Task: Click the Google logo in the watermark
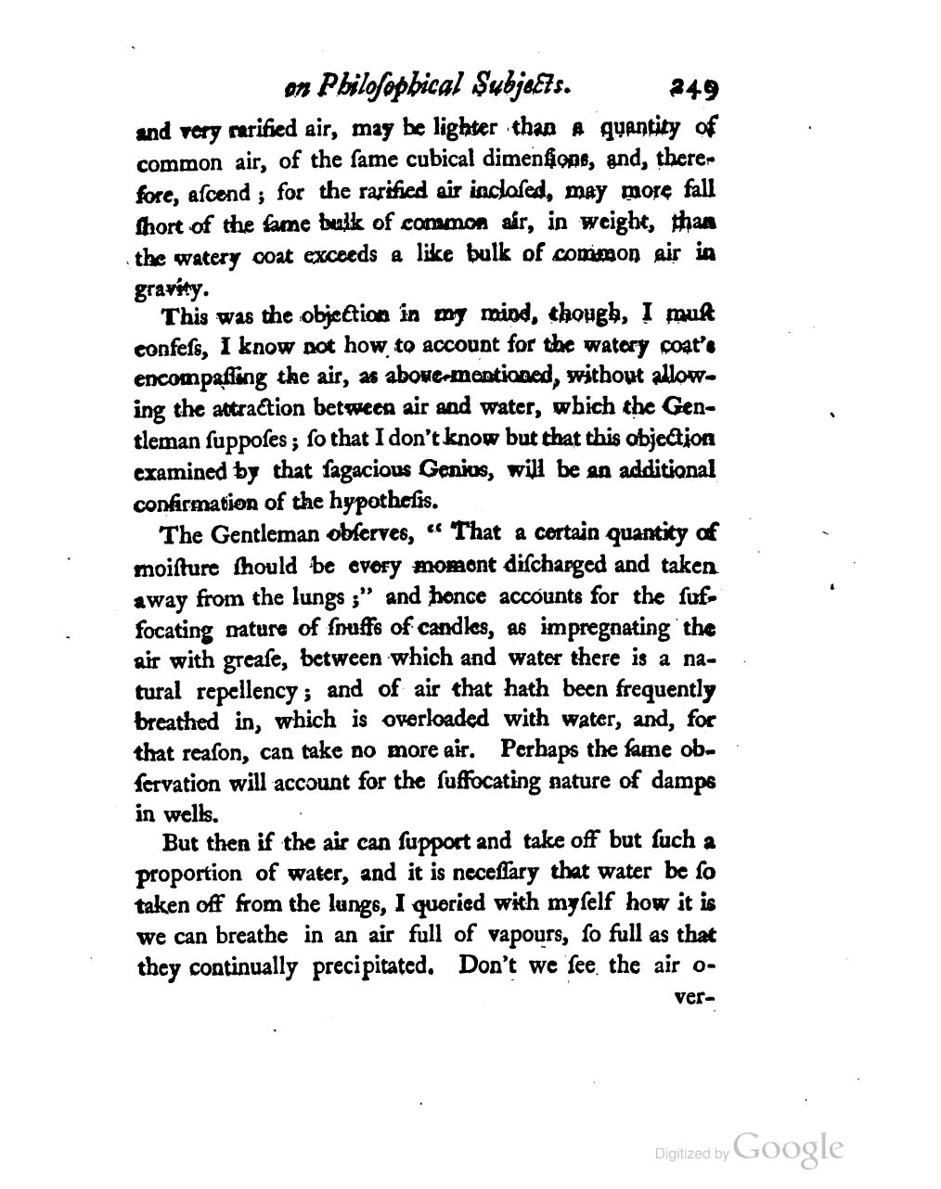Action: coord(788,1148)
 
